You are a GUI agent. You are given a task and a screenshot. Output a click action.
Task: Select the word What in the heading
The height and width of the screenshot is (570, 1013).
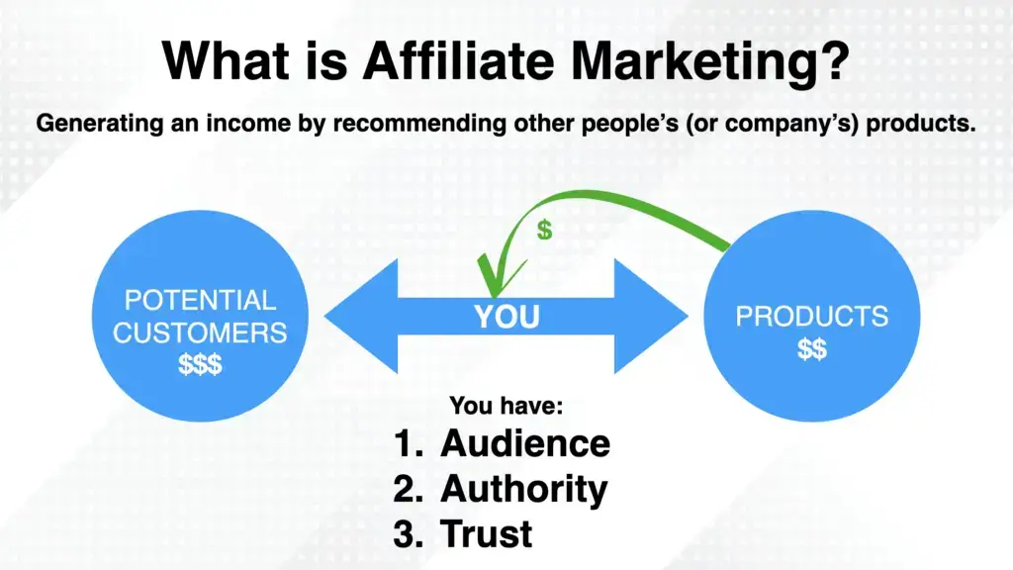click(x=220, y=62)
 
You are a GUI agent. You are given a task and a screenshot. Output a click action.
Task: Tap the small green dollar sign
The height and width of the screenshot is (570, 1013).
click(x=544, y=231)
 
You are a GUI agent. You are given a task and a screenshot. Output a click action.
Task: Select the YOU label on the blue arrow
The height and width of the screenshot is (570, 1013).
click(x=506, y=317)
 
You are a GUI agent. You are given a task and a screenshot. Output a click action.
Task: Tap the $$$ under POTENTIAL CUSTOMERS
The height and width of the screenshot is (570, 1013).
click(x=201, y=364)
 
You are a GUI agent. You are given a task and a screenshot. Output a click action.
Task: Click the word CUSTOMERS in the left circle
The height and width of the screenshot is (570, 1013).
click(x=200, y=332)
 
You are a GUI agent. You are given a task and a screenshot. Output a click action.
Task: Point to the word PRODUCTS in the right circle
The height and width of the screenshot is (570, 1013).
click(x=811, y=317)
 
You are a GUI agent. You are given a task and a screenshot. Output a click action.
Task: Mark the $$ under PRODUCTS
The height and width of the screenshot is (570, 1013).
click(x=811, y=349)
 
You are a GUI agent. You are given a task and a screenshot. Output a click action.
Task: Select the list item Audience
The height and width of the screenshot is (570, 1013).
click(x=525, y=443)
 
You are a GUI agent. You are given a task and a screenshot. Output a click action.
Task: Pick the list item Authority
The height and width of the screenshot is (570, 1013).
click(x=524, y=489)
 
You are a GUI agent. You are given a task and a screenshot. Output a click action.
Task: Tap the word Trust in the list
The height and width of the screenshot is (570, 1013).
click(x=487, y=533)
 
